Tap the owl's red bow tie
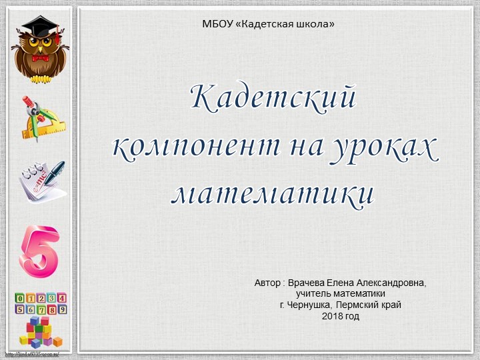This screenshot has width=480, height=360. (41, 58)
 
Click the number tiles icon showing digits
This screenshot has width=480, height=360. (41, 303)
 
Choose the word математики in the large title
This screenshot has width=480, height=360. (273, 192)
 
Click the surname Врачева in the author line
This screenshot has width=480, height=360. (307, 283)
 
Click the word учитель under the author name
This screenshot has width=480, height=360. (315, 294)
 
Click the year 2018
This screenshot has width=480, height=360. (331, 315)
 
